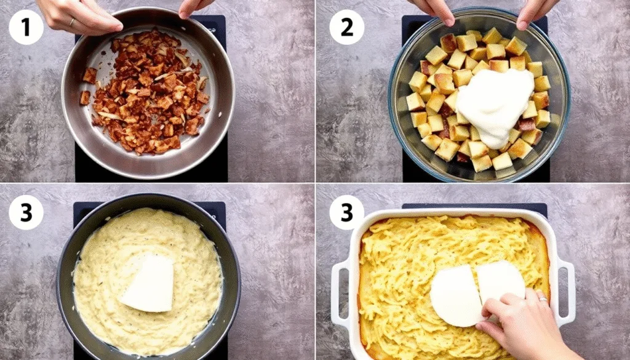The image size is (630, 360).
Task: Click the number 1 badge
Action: [26, 27]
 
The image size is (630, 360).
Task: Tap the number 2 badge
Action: [346, 27]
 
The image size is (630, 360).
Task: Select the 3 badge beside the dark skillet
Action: [26, 212]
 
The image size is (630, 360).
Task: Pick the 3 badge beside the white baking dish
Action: [346, 212]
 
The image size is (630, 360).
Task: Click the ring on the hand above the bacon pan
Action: [72, 22]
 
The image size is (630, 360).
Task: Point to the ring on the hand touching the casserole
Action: [541, 299]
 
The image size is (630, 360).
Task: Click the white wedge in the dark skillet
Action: [150, 283]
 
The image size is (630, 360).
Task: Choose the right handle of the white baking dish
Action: [565, 289]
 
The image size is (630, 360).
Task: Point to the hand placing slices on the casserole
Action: [523, 320]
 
